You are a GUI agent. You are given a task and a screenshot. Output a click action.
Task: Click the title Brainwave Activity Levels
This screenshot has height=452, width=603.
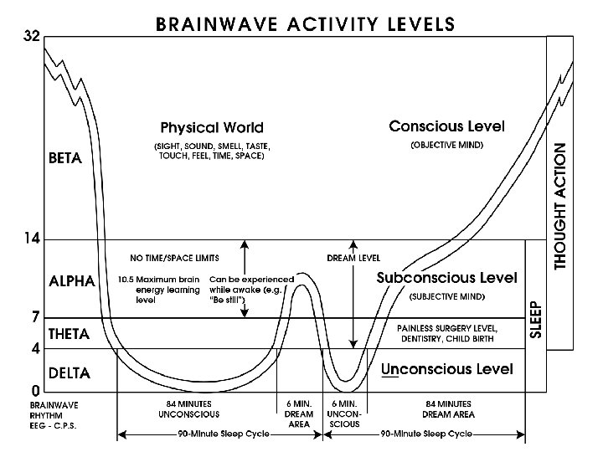(x=305, y=23)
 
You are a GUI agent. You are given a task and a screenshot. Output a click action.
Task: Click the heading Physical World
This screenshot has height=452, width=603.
(x=212, y=128)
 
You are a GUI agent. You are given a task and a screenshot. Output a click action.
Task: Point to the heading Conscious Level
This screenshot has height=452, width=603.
(x=446, y=127)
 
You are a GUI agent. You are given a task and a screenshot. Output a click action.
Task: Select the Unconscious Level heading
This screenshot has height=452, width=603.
(x=447, y=369)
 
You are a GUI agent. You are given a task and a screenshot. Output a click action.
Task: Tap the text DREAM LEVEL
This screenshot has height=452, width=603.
(x=353, y=257)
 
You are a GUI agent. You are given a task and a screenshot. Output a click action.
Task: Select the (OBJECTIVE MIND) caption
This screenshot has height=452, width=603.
(x=446, y=145)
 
